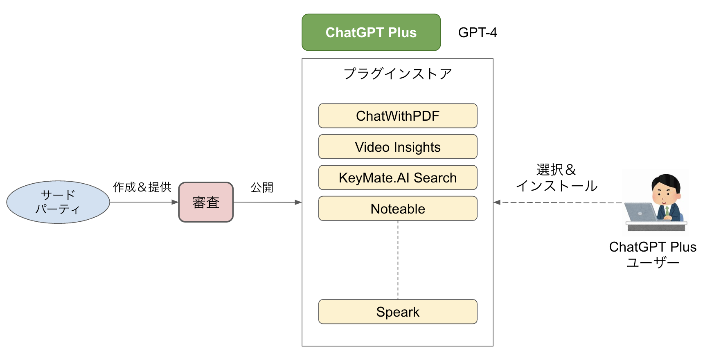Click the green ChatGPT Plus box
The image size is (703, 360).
tap(371, 32)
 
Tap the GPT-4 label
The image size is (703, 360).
tap(478, 32)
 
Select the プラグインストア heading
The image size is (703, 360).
tap(398, 74)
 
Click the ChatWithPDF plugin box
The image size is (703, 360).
tap(398, 116)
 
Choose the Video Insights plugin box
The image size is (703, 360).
tap(398, 147)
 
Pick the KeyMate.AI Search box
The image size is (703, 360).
tap(398, 178)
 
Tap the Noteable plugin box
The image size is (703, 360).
tap(398, 209)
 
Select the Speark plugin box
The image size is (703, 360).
tap(398, 312)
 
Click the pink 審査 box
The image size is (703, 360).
tap(206, 202)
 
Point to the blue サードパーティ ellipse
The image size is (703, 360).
tap(58, 202)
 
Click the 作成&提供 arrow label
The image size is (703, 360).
tap(142, 187)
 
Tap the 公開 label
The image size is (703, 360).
tap(262, 187)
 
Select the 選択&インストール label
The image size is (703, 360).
tap(557, 178)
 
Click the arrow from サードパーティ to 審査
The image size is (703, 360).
tap(144, 202)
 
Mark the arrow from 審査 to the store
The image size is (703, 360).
tap(268, 202)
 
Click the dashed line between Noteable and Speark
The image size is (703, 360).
tap(398, 260)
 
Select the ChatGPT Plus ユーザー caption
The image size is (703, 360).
tap(653, 254)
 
